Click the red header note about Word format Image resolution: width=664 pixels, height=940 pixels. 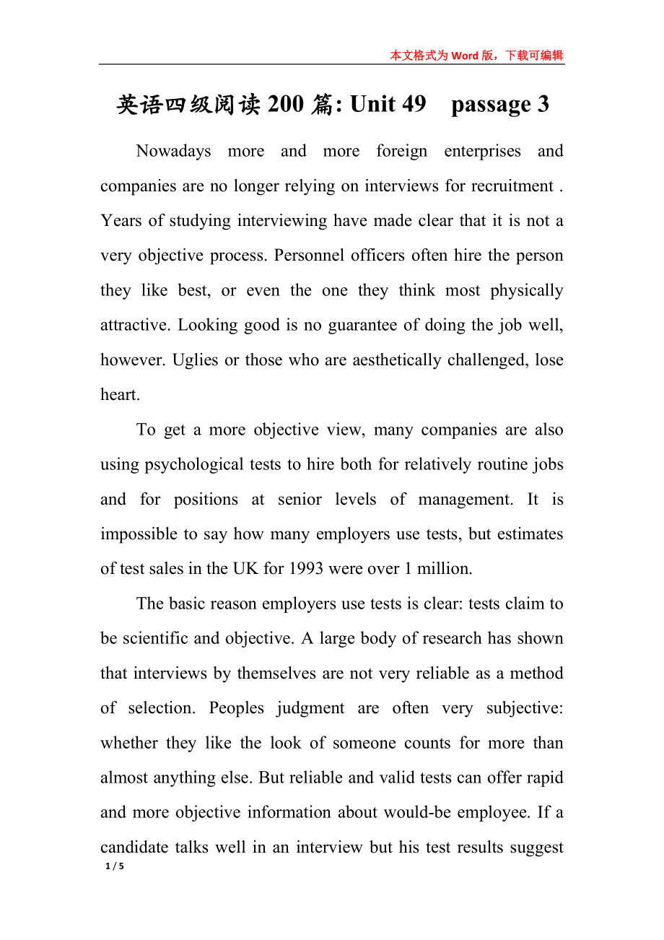pos(476,56)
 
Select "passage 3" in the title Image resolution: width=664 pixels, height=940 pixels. pos(499,105)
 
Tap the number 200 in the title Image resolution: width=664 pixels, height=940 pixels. pos(286,105)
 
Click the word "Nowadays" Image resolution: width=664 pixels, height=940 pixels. pos(173,151)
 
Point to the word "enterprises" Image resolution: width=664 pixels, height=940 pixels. pos(482,151)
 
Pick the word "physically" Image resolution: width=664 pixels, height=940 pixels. pos(527,290)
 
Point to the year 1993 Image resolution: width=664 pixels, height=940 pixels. pos(306,569)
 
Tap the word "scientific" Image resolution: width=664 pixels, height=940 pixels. pos(153,638)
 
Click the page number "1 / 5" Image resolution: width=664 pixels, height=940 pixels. pos(115,866)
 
